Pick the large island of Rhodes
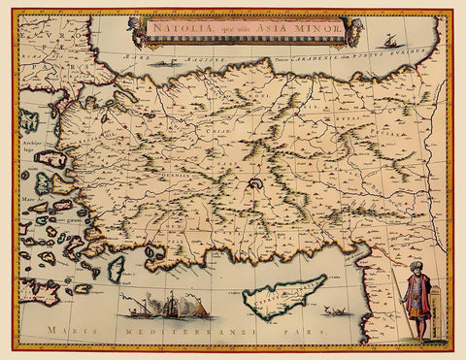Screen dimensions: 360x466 117,268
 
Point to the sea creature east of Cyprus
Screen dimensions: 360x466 339,311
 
